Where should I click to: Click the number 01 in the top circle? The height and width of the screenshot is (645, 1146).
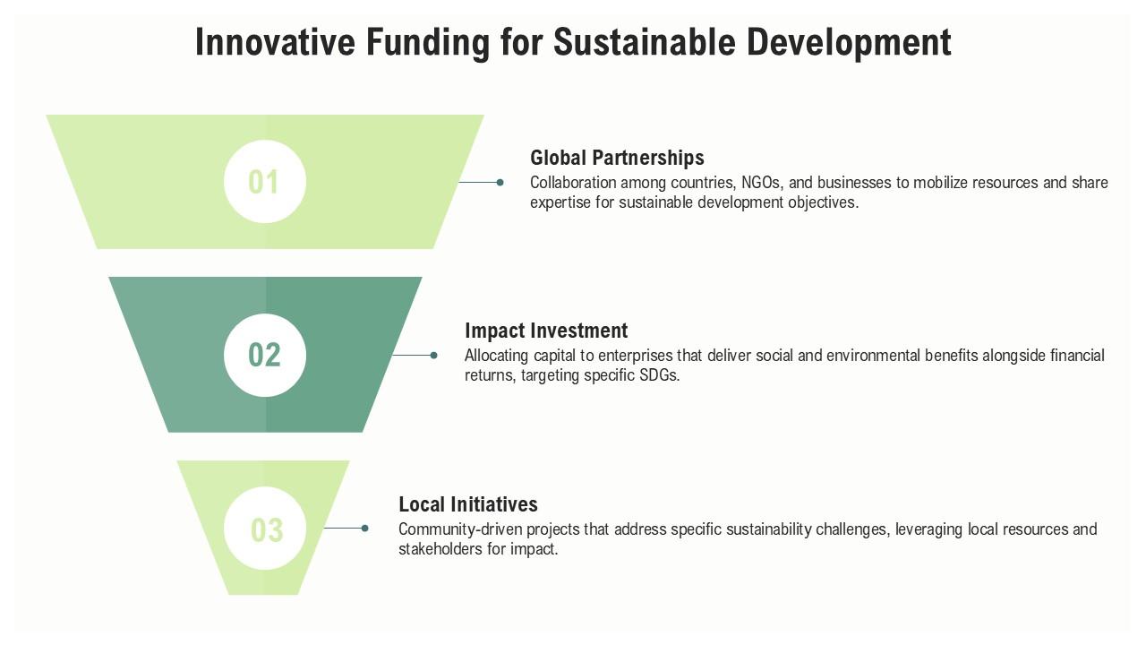[264, 182]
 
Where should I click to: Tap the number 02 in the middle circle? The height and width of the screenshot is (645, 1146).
[264, 355]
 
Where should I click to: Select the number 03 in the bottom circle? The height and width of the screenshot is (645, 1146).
[266, 529]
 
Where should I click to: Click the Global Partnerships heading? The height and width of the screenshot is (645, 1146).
[617, 158]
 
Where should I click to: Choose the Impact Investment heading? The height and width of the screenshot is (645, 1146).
[546, 331]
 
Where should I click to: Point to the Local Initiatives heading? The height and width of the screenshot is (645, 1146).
[468, 503]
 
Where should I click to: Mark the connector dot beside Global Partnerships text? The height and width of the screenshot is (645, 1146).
[500, 183]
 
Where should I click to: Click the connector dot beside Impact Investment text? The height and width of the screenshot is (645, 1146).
[434, 356]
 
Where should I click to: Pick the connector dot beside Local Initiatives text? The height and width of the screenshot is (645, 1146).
[365, 529]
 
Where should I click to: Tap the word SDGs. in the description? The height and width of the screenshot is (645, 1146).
[658, 375]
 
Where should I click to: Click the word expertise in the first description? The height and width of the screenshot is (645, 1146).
[560, 202]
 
